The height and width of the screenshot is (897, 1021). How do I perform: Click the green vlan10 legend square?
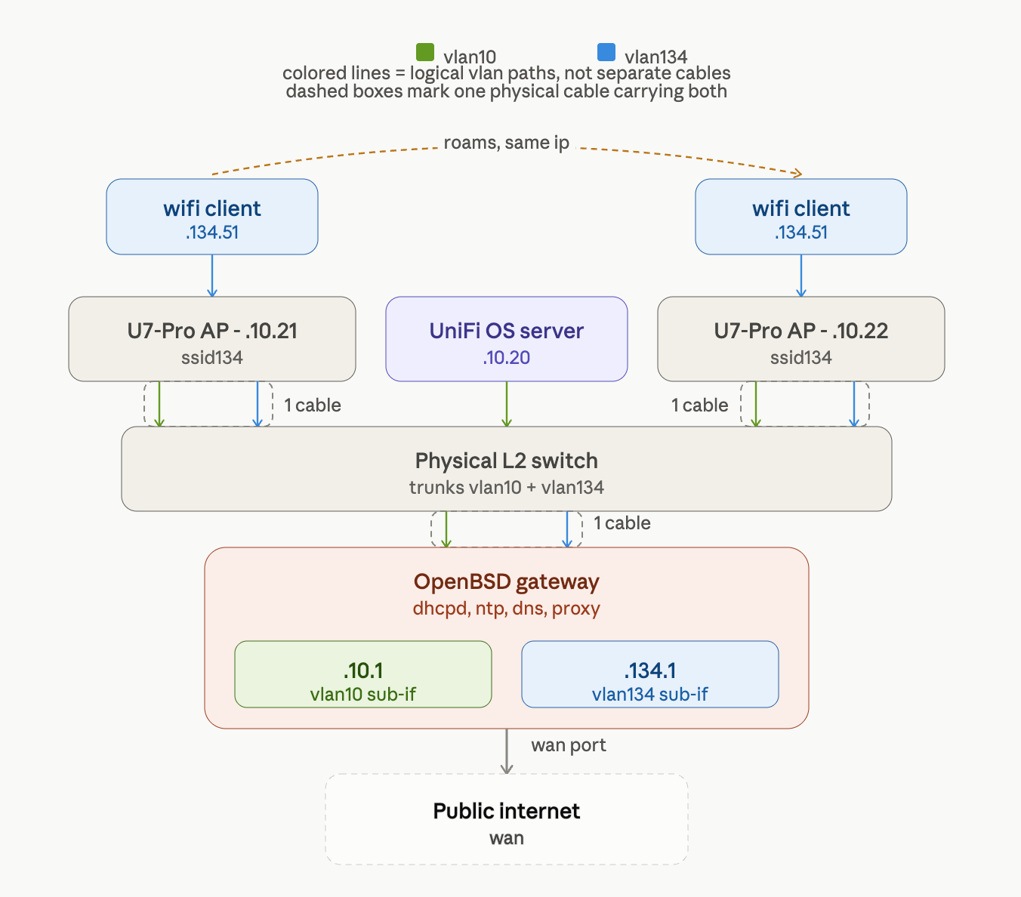click(425, 52)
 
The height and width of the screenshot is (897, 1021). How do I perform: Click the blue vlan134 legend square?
click(606, 52)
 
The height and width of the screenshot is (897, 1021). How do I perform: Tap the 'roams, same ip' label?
click(506, 143)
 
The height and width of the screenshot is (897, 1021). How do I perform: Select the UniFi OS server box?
click(507, 339)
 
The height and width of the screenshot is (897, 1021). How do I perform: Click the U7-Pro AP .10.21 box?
click(212, 339)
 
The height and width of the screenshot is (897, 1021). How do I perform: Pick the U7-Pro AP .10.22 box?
click(800, 339)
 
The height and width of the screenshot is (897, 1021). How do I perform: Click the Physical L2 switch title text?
click(507, 461)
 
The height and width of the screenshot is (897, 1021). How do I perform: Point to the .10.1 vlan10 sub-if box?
click(362, 674)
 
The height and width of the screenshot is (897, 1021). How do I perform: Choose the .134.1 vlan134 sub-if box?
click(650, 674)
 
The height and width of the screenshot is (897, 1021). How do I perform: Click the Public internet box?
click(507, 819)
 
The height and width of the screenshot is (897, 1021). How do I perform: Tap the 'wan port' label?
click(569, 744)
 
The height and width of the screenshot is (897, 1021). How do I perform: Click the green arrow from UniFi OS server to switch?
click(507, 404)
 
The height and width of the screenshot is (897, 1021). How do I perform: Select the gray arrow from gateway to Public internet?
click(507, 751)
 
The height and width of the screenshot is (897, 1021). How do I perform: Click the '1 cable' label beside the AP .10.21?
click(313, 405)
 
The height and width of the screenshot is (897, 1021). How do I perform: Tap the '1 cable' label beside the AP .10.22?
click(699, 405)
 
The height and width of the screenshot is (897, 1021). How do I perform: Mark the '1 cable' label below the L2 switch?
click(622, 523)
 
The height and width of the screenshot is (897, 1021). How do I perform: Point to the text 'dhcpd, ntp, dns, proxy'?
click(507, 609)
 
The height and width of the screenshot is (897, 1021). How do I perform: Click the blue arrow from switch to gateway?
click(567, 529)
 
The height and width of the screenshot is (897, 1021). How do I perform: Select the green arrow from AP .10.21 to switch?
click(159, 404)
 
